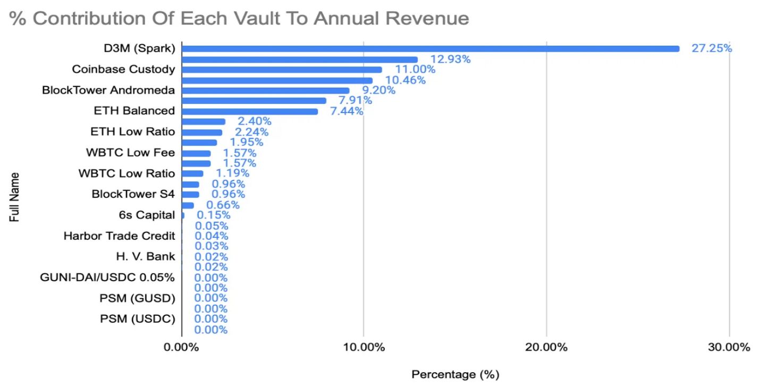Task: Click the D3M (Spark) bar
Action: click(431, 49)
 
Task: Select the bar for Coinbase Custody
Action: click(282, 70)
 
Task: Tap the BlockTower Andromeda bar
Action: click(266, 91)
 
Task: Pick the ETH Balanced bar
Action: click(250, 111)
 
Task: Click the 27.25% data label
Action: click(711, 48)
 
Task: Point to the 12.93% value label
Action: click(450, 59)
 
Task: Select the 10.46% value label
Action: click(406, 80)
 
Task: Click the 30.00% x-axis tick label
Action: click(729, 348)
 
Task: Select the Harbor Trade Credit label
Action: click(119, 236)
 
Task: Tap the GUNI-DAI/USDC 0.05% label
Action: click(107, 278)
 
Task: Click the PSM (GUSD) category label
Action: click(137, 298)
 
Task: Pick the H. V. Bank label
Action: click(145, 257)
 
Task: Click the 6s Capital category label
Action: click(147, 215)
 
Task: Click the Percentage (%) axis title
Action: click(456, 375)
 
